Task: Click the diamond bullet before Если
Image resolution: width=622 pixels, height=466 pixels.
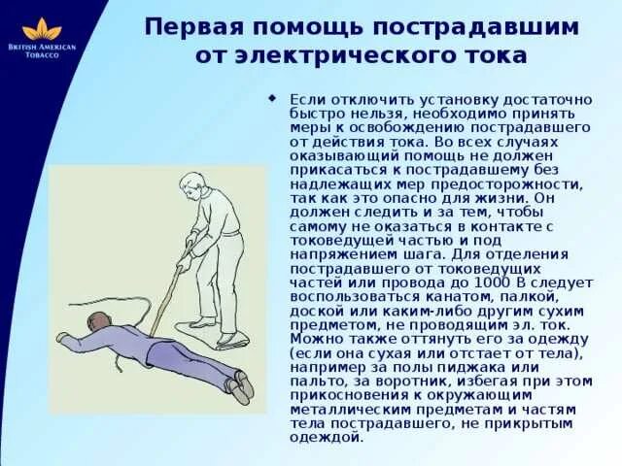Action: (x=272, y=97)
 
